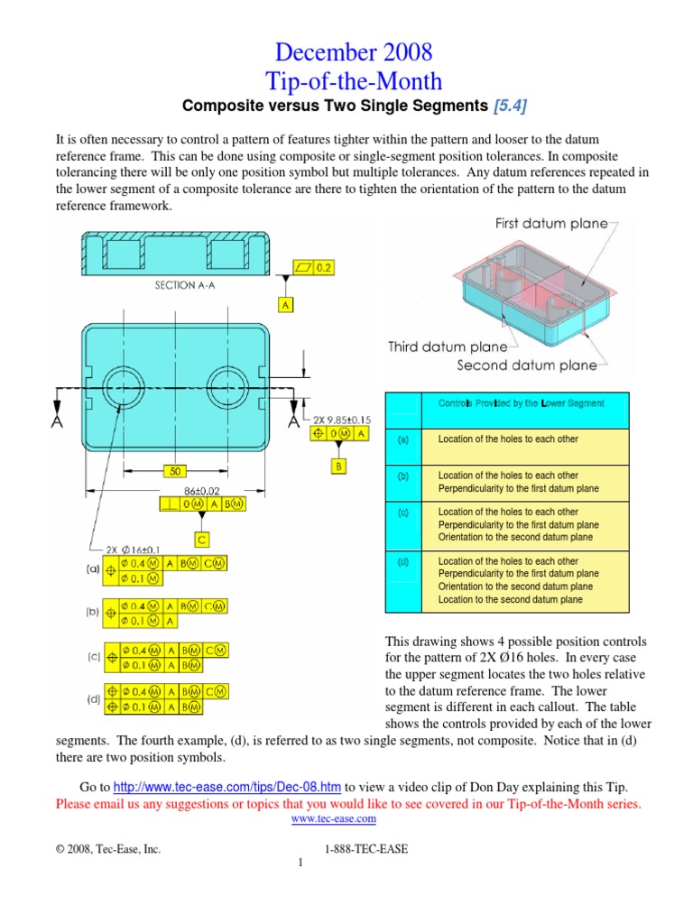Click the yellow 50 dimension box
click(x=176, y=470)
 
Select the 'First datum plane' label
click(x=551, y=224)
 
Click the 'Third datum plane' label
click(x=440, y=346)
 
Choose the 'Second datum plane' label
click(x=527, y=365)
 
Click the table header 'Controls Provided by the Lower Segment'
click(x=522, y=402)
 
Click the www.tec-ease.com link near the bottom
click(x=334, y=818)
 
